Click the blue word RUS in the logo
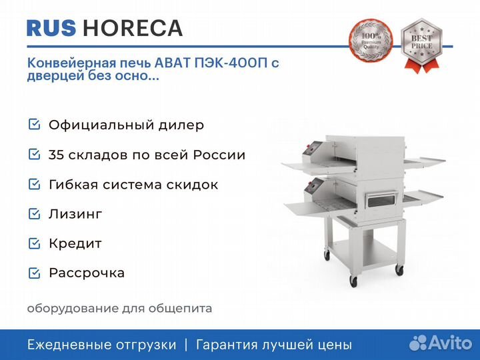51,28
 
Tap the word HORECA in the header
133,28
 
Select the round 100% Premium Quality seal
371,41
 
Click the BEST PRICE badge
421,45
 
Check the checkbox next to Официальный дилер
34,124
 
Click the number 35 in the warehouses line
56,155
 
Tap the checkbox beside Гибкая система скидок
34,184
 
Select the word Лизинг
75,214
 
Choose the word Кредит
75,244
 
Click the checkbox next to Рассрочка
34,273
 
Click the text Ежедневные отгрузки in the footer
102,345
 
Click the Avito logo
441,343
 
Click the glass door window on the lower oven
381,201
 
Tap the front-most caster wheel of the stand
353,281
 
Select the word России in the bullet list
219,155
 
